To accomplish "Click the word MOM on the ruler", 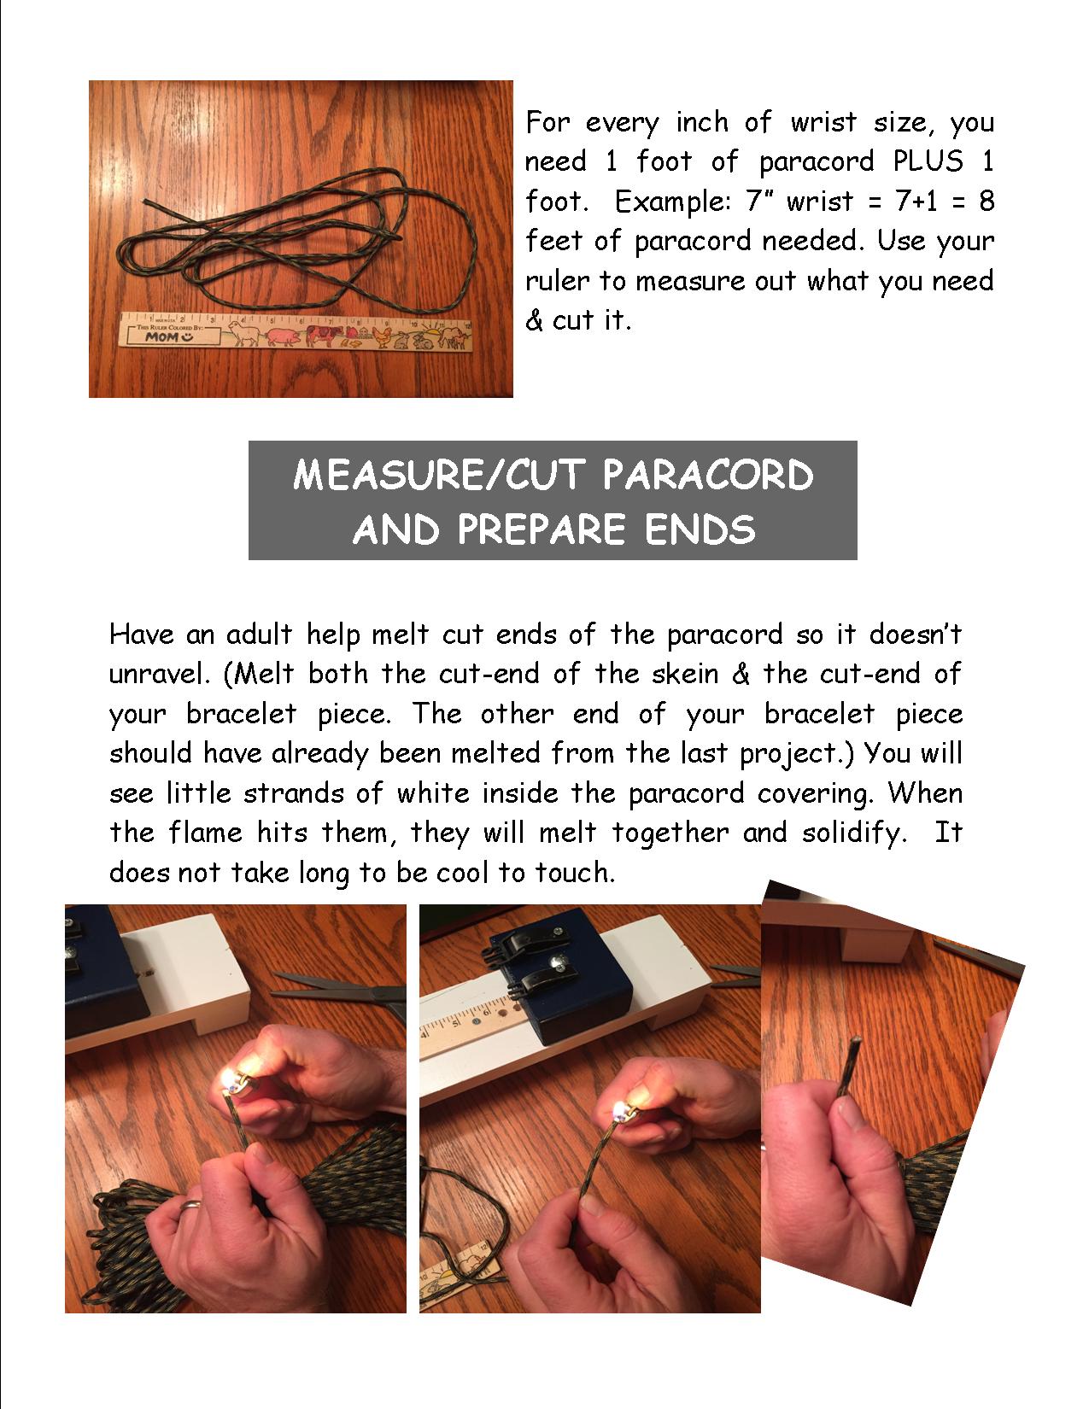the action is click(x=161, y=336).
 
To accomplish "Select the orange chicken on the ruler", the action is click(x=383, y=336).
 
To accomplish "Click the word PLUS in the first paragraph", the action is click(x=928, y=161).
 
